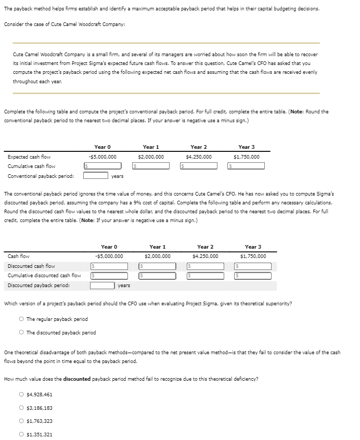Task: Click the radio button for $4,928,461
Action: (x=21, y=395)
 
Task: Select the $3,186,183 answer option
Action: (x=21, y=408)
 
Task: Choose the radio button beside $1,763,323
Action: (x=21, y=421)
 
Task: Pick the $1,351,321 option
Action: (x=21, y=434)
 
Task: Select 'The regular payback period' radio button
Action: (x=21, y=319)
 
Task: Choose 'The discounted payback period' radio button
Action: (x=21, y=332)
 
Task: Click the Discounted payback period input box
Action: (x=102, y=285)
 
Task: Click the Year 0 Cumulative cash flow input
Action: (x=103, y=166)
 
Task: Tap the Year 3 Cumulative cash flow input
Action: (x=246, y=166)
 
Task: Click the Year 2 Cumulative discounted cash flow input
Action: (x=206, y=276)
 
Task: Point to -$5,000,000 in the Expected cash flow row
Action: (x=102, y=157)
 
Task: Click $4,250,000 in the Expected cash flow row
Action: (x=199, y=157)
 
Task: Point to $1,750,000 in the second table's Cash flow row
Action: (x=253, y=256)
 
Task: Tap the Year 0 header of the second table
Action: (x=109, y=247)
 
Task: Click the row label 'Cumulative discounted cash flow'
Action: (x=44, y=276)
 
